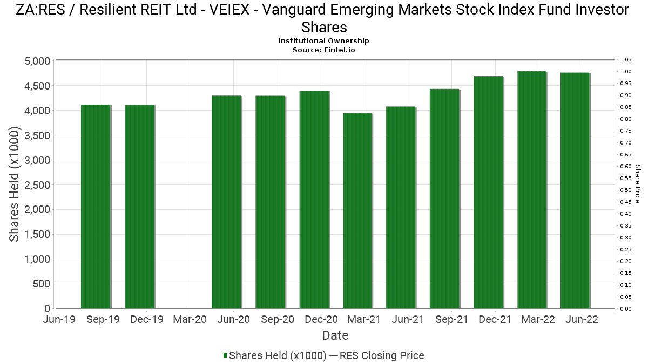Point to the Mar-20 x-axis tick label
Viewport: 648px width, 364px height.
190,320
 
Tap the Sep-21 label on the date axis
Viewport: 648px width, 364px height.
452,320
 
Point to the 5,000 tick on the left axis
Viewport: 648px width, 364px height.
37,61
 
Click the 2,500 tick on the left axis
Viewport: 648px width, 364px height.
37,185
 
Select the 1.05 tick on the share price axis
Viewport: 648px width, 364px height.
625,60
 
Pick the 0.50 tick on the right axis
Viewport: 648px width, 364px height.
625,190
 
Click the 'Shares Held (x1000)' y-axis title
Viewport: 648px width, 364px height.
15,184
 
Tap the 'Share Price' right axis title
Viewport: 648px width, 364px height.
638,184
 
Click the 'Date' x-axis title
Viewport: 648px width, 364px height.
335,335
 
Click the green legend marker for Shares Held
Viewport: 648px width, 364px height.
225,355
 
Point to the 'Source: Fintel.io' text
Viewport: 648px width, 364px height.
324,50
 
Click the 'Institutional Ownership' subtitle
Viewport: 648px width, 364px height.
324,41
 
